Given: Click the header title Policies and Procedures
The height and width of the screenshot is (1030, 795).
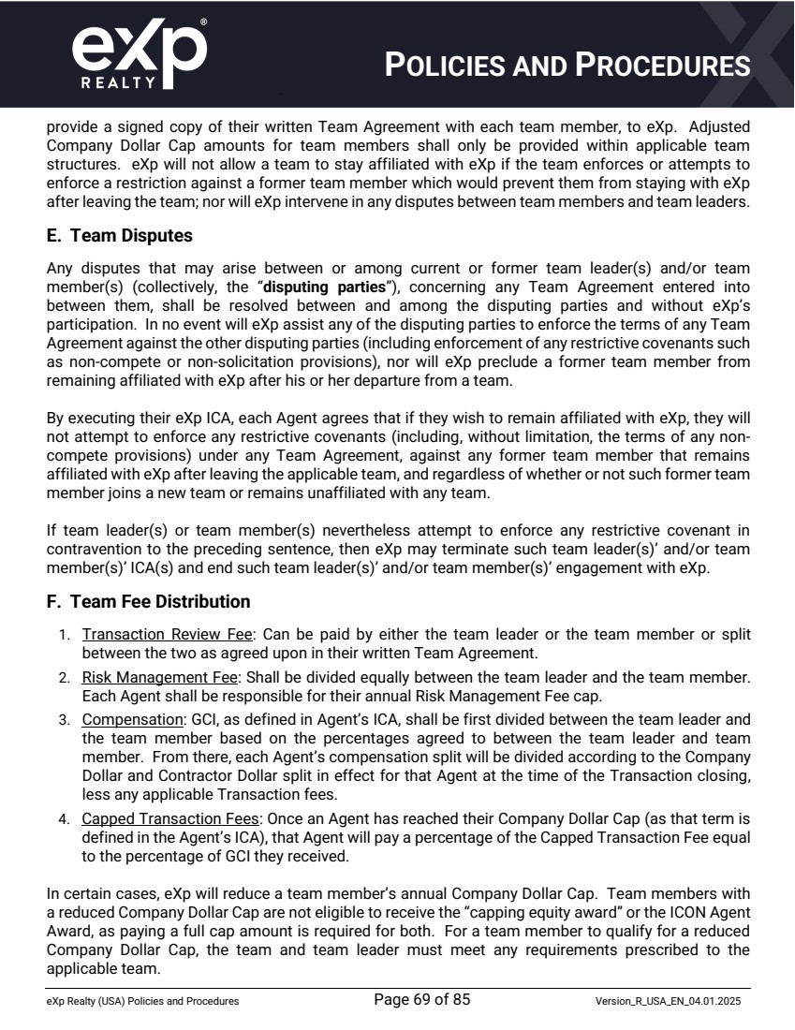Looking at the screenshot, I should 568,66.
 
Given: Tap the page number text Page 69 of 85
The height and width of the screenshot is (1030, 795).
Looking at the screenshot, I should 421,1000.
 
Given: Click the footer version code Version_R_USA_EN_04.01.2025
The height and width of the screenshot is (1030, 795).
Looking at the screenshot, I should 669,1001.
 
